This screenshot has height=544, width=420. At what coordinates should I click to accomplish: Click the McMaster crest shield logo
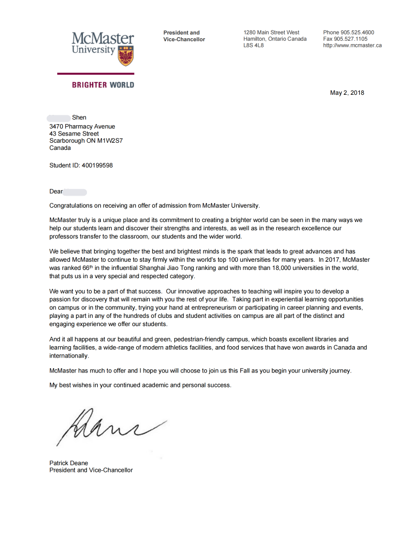(x=126, y=55)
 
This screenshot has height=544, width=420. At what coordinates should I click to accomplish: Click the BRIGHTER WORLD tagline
(x=103, y=84)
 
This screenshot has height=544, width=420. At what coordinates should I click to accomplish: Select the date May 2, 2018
(x=347, y=93)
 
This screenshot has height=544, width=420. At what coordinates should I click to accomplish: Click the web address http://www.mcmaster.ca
(x=353, y=45)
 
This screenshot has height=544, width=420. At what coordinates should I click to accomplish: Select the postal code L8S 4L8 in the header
(x=253, y=45)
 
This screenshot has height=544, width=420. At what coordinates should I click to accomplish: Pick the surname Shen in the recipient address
(x=79, y=117)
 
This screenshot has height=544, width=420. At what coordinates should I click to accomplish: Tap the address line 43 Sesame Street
(x=74, y=133)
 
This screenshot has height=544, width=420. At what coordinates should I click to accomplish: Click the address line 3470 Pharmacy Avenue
(x=82, y=126)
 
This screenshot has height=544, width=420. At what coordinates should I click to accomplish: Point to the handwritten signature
(x=108, y=425)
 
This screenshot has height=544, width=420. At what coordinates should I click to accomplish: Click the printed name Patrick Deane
(x=68, y=463)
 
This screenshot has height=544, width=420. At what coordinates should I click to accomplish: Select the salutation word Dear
(x=56, y=192)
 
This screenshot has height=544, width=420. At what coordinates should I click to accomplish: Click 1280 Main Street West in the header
(x=271, y=32)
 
